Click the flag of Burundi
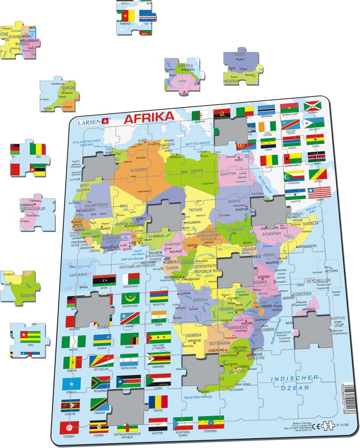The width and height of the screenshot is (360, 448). coord(312,107)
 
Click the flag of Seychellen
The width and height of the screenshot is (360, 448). coord(101,361)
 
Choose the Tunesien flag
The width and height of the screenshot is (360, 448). coord(69,427)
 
